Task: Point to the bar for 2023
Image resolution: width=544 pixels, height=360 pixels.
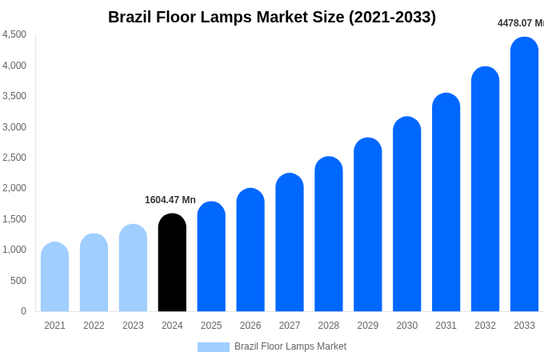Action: (x=133, y=268)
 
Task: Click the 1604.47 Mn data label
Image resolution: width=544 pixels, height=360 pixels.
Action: (x=170, y=200)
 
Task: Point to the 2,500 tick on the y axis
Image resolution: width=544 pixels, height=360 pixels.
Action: (x=14, y=158)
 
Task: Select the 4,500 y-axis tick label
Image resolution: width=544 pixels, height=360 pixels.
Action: (x=14, y=34)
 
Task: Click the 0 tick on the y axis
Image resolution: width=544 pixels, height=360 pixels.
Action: (x=23, y=311)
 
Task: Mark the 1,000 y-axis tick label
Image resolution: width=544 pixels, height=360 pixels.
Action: (x=14, y=250)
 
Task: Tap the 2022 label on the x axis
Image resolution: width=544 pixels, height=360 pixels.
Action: (x=94, y=326)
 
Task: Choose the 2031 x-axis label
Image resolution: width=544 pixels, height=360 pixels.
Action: (x=446, y=326)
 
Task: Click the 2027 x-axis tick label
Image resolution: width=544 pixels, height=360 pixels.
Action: (x=290, y=326)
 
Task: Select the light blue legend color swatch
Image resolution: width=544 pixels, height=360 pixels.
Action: (x=213, y=347)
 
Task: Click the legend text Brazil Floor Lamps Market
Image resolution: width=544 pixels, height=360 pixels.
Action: (x=290, y=346)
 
